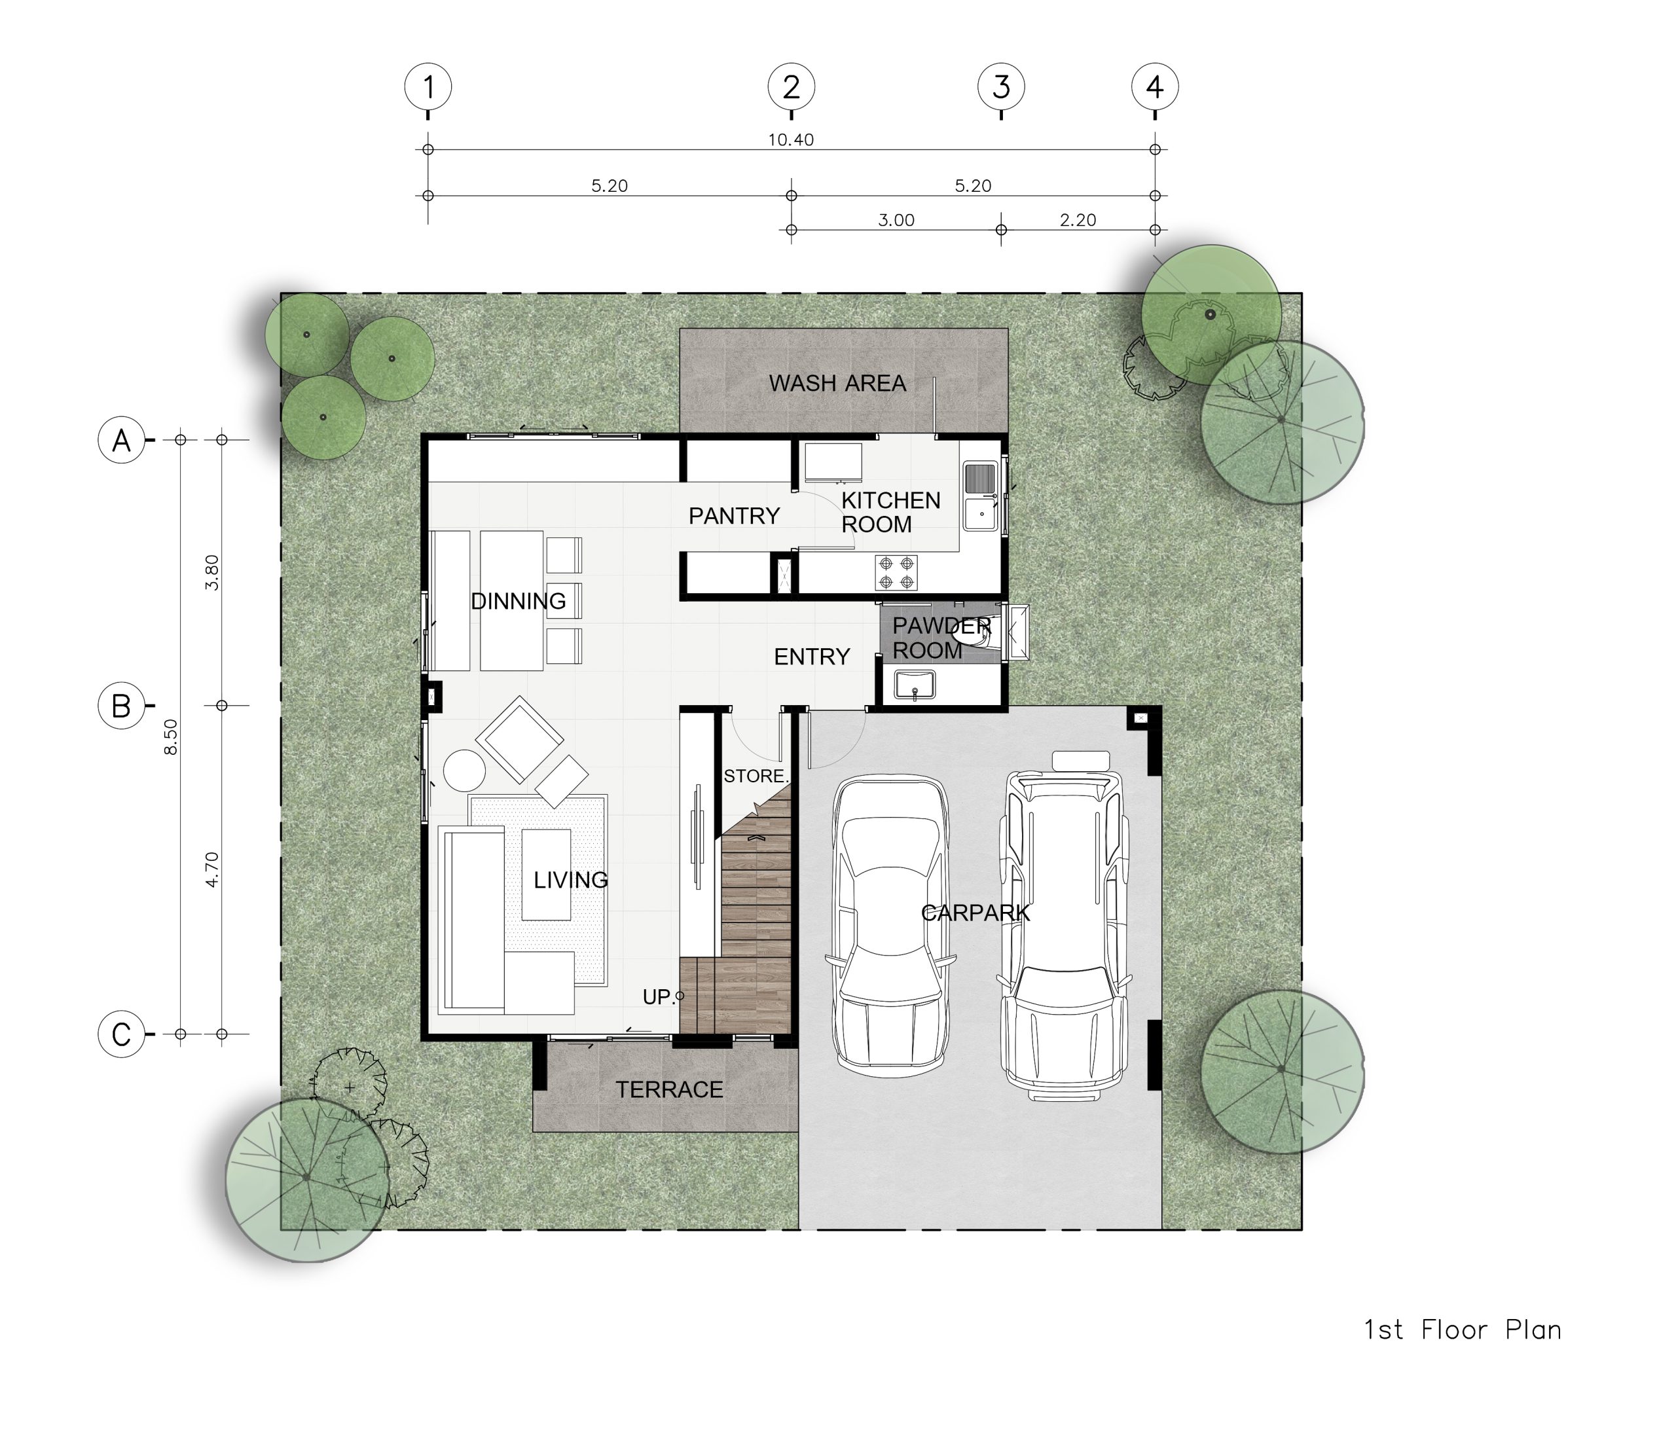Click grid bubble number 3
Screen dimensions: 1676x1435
(x=1002, y=86)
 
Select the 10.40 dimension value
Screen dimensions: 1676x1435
(x=791, y=140)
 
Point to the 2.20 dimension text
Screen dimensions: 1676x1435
(x=1078, y=220)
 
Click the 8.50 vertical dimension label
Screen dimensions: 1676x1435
(x=171, y=737)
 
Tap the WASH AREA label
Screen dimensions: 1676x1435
(x=837, y=384)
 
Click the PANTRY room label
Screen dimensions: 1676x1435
(x=734, y=516)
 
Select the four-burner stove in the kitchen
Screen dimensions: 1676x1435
(x=896, y=573)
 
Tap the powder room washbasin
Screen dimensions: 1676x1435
(x=914, y=684)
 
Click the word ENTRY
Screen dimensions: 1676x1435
(x=812, y=657)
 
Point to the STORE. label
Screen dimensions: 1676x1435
(x=756, y=776)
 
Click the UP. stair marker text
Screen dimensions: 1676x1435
(x=659, y=998)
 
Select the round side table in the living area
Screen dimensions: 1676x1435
(x=464, y=770)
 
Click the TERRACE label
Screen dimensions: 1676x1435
(x=670, y=1091)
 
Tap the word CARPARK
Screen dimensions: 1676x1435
(x=975, y=913)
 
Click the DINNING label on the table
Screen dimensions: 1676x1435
(x=519, y=601)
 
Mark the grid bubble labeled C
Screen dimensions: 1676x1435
(x=121, y=1034)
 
